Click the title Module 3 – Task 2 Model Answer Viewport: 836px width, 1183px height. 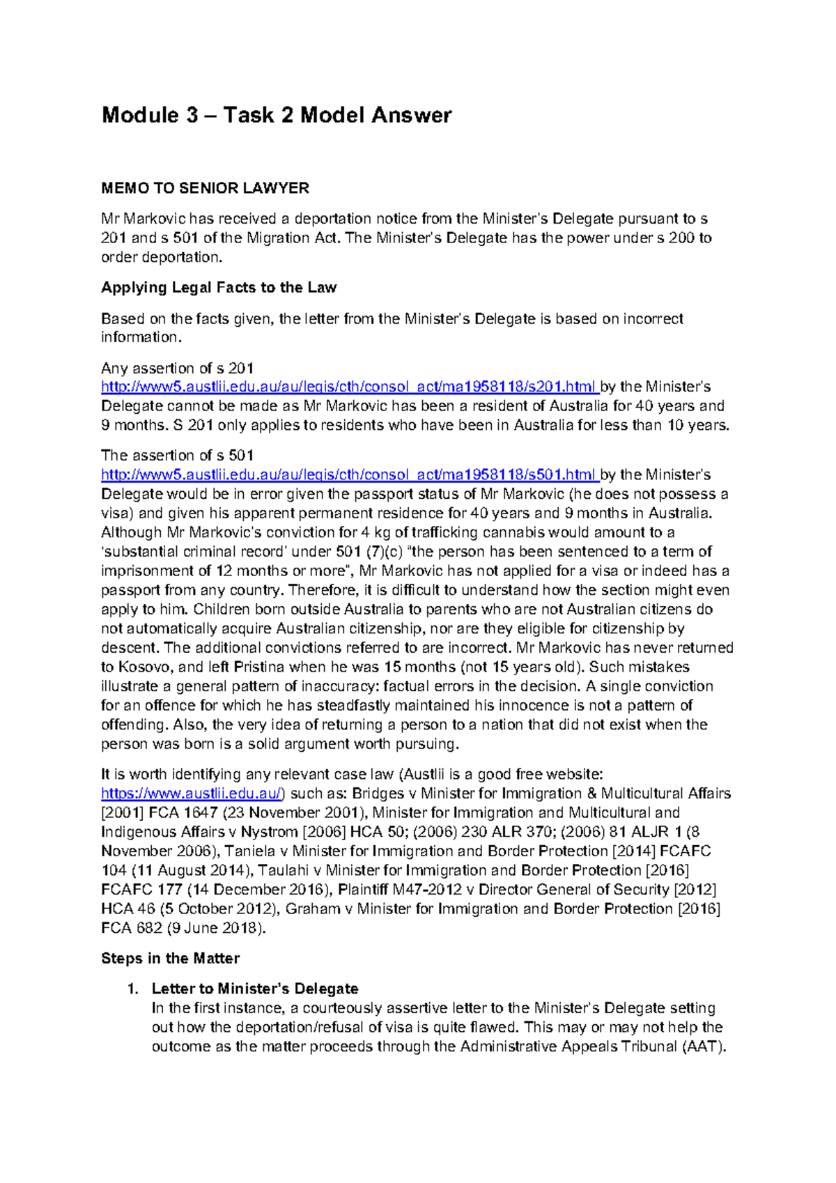point(277,115)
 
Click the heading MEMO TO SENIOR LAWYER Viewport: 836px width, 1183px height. point(205,188)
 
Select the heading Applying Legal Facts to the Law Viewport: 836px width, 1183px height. point(219,288)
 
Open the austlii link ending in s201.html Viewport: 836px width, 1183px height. point(348,387)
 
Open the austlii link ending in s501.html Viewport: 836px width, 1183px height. point(348,475)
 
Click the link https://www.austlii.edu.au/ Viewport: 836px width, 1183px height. point(192,794)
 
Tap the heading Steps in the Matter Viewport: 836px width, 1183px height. point(170,959)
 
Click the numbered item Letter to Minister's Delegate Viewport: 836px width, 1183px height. point(254,989)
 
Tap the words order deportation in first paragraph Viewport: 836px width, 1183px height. point(160,257)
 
